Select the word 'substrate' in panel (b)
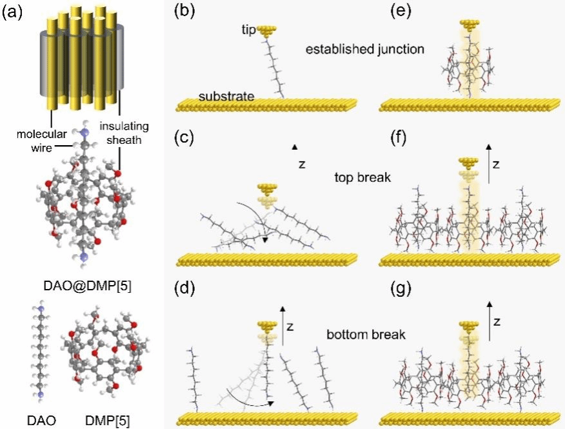click(226, 96)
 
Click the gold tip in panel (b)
click(265, 31)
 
